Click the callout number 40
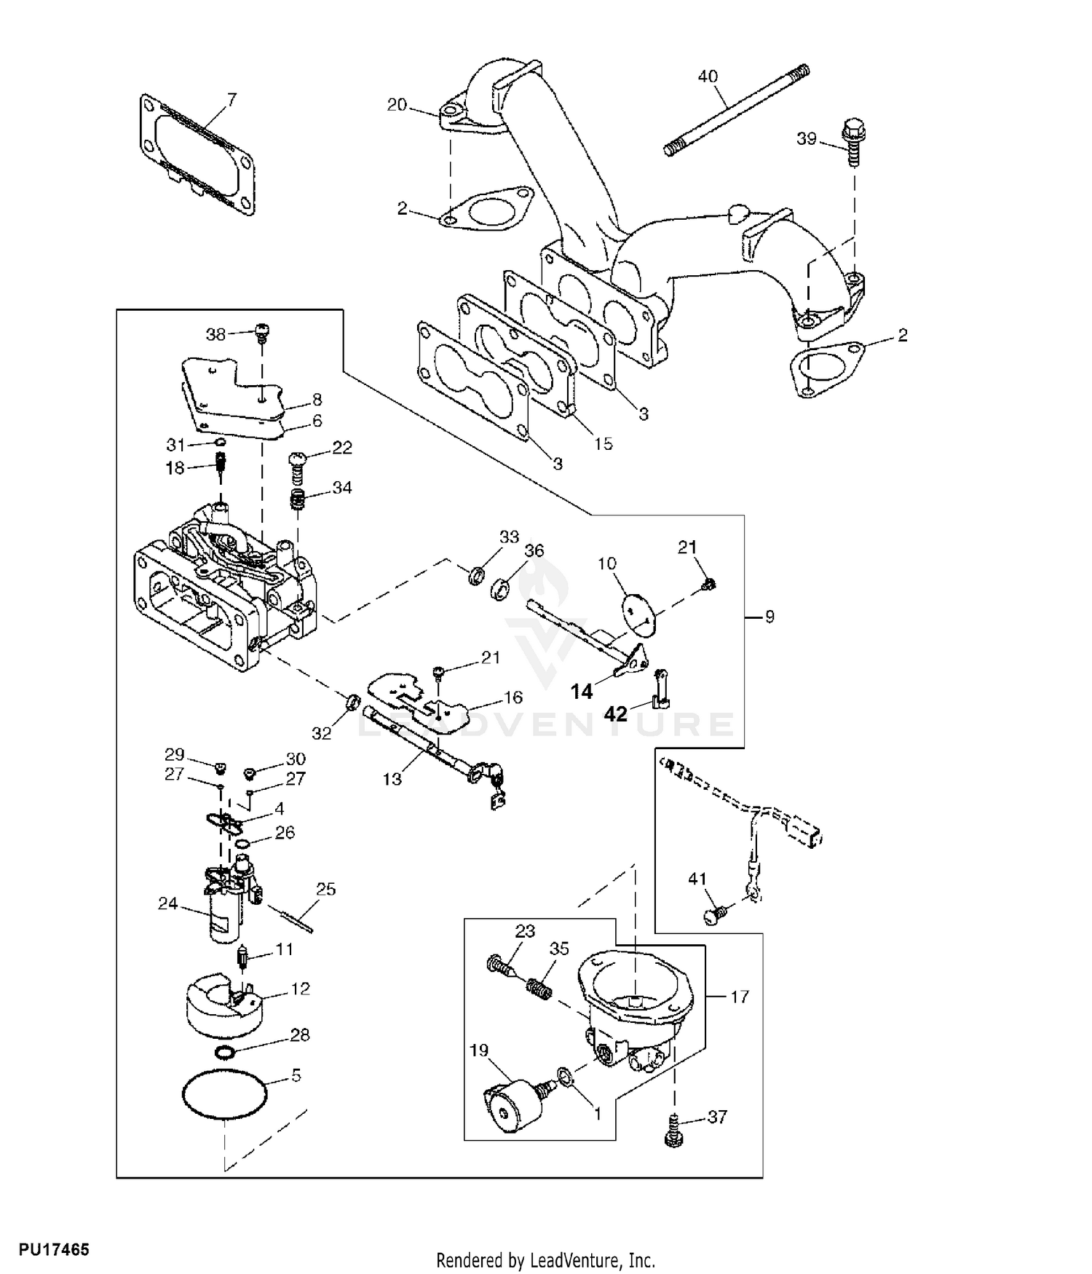click(708, 76)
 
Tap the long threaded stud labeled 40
click(737, 110)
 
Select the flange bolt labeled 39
click(851, 143)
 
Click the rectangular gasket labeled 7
click(198, 155)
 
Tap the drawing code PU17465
click(54, 1250)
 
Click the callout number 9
click(769, 617)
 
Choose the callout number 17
click(739, 997)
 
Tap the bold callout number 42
click(616, 714)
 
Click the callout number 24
click(168, 903)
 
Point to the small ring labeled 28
click(226, 1053)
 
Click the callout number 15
click(604, 443)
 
